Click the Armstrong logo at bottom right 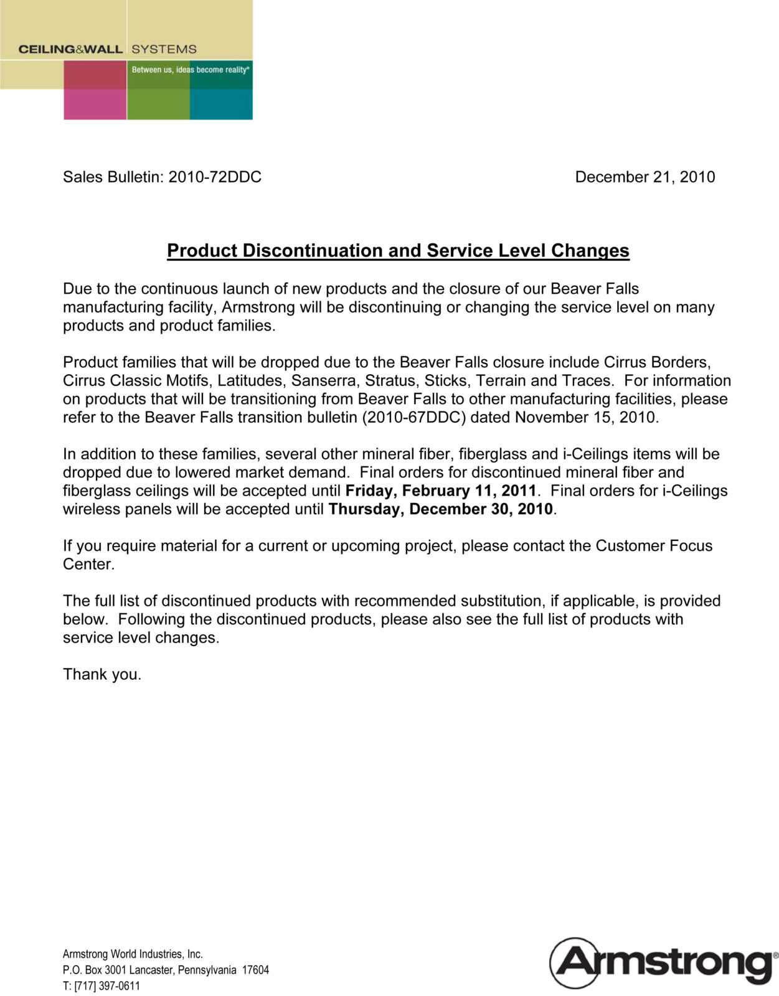pos(663,962)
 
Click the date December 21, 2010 pos(644,177)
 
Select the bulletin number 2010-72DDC pos(215,177)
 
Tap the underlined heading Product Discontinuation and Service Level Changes pos(398,251)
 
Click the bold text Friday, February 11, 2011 pos(441,491)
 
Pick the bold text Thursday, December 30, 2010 pos(441,509)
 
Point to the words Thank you pos(102,675)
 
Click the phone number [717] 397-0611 pos(107,986)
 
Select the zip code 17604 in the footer pos(255,970)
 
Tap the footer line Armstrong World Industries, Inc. pos(133,954)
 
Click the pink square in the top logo pos(95,104)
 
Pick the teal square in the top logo pos(221,104)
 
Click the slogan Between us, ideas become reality pos(191,70)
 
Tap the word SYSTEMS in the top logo pos(164,49)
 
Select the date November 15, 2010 pos(585,418)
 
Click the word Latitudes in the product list pos(252,381)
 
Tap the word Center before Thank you pos(88,565)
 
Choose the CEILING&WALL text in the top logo pos(70,49)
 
